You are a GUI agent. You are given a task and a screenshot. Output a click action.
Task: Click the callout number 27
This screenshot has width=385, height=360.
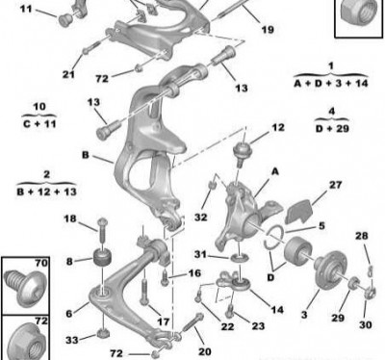tap(335, 185)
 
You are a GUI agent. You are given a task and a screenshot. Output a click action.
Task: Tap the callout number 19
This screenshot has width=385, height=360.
tap(268, 30)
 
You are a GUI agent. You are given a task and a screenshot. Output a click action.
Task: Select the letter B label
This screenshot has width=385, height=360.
tap(86, 155)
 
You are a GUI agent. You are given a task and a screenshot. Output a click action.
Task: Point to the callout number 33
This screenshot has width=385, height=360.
tap(72, 340)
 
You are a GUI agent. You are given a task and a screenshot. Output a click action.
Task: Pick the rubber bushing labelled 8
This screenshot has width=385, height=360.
tap(102, 257)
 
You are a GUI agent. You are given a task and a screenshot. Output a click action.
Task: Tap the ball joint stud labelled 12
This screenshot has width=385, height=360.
tap(242, 153)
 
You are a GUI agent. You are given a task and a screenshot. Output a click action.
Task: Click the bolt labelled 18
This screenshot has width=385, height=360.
tap(102, 230)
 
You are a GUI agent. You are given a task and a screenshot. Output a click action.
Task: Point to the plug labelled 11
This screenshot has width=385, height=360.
tap(65, 19)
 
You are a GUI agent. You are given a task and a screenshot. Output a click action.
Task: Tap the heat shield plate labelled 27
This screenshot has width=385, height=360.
tap(299, 211)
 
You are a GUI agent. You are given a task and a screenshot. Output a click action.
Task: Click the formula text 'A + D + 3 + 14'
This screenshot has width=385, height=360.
tap(331, 84)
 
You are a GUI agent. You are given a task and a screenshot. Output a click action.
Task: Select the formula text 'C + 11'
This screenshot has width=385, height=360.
tap(39, 123)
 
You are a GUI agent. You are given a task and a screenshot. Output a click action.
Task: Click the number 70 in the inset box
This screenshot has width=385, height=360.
tap(41, 264)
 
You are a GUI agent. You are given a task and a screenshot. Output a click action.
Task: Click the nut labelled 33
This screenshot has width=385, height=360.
tap(102, 334)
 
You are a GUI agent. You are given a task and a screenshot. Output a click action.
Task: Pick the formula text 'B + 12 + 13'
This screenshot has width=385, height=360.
tap(47, 192)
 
